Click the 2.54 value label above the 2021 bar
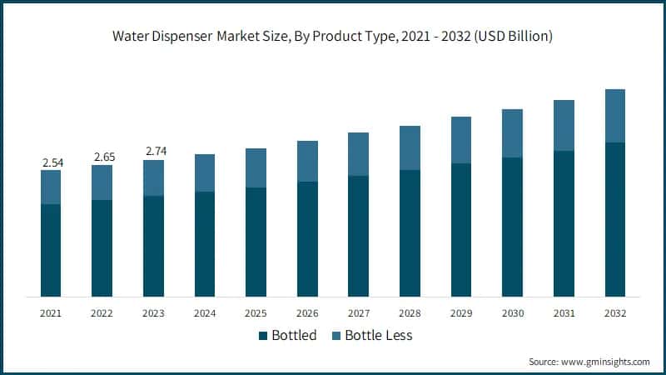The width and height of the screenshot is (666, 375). coord(51,162)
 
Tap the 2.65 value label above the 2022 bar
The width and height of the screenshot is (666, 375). coord(102,157)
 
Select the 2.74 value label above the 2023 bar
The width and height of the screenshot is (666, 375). coord(154,151)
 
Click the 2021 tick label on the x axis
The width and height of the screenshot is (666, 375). coord(51,312)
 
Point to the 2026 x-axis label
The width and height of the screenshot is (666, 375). coord(307,312)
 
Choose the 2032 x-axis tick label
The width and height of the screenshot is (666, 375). coord(615,312)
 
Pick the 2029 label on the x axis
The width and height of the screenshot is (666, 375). coord(461,312)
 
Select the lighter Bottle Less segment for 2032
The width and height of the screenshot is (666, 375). coord(615,116)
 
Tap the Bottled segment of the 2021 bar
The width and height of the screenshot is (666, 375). coord(51,250)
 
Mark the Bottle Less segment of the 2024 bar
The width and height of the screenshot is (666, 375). coord(205,173)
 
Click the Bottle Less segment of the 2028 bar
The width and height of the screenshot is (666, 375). coord(410,148)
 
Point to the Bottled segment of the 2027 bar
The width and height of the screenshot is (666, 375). coord(359,236)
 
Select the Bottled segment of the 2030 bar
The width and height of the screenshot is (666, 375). coord(513,227)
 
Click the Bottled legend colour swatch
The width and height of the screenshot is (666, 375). coord(264,336)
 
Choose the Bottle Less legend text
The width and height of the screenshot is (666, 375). coord(379,336)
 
